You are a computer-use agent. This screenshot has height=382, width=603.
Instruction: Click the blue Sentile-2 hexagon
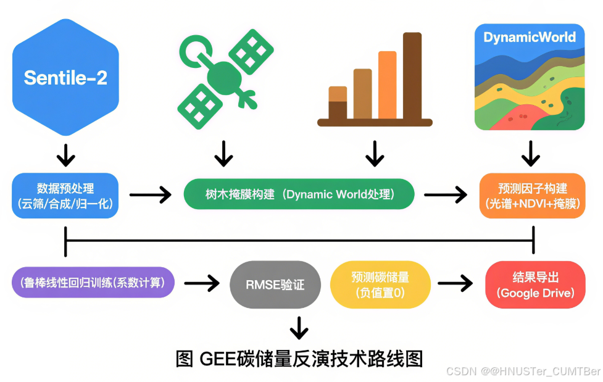pos(65,77)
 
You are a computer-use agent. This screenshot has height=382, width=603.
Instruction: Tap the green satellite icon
pos(225,79)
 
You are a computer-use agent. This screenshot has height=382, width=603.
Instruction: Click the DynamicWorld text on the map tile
pos(530,37)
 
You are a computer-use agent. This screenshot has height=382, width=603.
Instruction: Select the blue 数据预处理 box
pos(65,196)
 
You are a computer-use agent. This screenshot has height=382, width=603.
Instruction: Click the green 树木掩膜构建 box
pos(299,194)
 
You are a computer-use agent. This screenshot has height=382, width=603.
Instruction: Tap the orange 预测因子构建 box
pos(532,196)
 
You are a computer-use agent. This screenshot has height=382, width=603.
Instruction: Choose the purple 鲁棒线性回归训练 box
pos(93,283)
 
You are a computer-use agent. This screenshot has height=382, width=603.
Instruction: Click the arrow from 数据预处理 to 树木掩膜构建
pos(151,195)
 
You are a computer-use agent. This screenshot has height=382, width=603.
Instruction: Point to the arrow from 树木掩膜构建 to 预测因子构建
pos(446,195)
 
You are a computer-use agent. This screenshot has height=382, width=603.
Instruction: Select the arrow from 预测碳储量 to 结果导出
pos(455,283)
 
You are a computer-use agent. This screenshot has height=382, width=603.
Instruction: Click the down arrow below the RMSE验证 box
pos(299,328)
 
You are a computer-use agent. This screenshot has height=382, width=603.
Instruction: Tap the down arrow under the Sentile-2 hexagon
pos(65,156)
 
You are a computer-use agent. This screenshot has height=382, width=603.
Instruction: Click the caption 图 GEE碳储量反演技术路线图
pos(299,359)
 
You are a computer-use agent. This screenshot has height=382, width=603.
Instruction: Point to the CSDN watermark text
pos(523,372)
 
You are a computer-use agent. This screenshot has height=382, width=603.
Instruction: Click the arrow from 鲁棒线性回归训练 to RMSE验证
pos(202,283)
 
